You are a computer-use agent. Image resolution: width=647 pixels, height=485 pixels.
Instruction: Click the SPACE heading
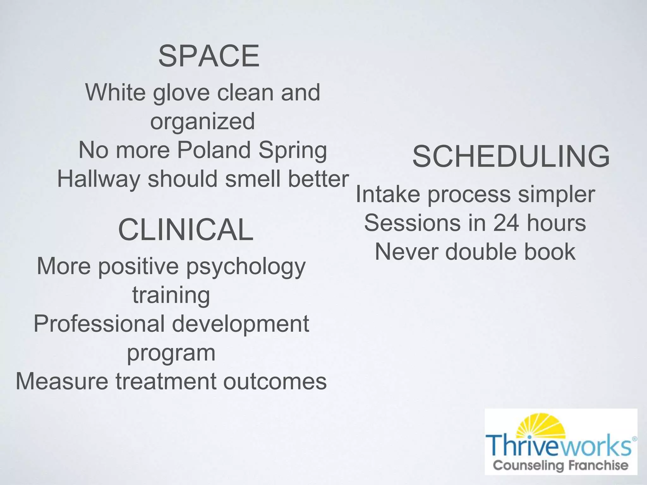tap(209, 56)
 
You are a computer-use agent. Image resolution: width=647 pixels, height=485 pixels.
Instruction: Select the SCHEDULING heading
tap(511, 156)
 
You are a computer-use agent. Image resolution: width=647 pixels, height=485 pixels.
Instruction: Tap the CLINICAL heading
tap(186, 230)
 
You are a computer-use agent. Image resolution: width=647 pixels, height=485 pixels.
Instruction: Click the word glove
tap(181, 93)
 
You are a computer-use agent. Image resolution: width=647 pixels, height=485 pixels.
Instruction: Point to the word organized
tap(203, 121)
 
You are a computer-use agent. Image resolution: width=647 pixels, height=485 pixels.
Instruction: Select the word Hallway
tap(99, 179)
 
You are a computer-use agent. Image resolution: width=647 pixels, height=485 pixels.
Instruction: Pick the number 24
tap(506, 223)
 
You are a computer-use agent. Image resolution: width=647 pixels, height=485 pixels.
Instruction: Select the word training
tap(171, 295)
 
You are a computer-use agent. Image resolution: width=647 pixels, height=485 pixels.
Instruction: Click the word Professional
tap(99, 324)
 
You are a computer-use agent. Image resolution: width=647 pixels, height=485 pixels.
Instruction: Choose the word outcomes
tap(275, 381)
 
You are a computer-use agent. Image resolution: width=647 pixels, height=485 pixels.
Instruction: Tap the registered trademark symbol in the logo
tap(635, 439)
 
